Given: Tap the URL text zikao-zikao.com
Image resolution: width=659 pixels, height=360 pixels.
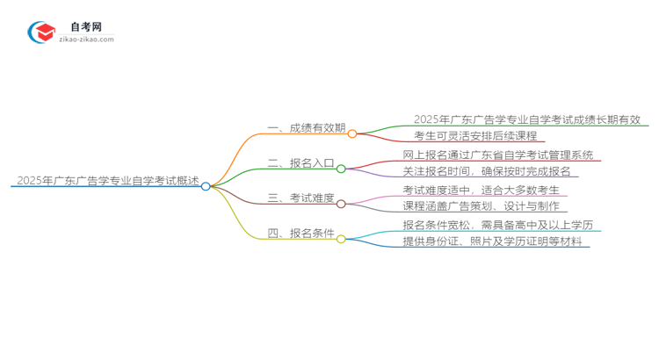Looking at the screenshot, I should pyautogui.click(x=86, y=40).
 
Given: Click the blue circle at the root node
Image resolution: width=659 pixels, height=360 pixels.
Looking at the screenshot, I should pyautogui.click(x=206, y=186).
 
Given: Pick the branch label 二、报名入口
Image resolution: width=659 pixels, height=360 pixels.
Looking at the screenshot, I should pyautogui.click(x=301, y=163).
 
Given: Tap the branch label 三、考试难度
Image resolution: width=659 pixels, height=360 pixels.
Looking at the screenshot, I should pyautogui.click(x=301, y=198).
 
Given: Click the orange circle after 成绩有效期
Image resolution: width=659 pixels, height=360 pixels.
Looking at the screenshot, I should pyautogui.click(x=352, y=134).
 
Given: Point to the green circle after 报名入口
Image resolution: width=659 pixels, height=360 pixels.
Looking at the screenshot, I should pyautogui.click(x=341, y=169).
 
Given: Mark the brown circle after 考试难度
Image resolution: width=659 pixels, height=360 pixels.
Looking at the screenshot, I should pyautogui.click(x=341, y=204).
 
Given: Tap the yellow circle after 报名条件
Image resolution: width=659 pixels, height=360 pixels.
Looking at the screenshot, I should pyautogui.click(x=341, y=238).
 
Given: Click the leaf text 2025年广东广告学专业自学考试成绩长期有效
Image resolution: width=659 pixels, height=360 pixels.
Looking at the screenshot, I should pyautogui.click(x=527, y=120).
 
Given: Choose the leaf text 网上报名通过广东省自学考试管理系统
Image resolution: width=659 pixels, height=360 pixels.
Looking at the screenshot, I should pyautogui.click(x=497, y=155).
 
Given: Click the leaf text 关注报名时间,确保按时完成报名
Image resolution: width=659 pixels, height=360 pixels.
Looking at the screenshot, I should pyautogui.click(x=486, y=172).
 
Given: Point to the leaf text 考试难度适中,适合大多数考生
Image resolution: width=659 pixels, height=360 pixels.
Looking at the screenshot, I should pyautogui.click(x=485, y=190).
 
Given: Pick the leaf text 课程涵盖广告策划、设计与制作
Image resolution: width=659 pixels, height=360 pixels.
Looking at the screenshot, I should pyautogui.click(x=485, y=206).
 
